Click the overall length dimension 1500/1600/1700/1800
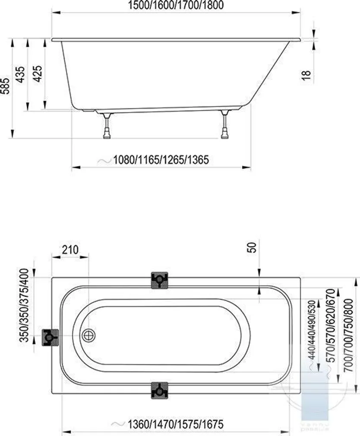(176, 5)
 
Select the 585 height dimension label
(5, 86)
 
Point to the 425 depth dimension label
(38, 74)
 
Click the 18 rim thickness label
(306, 76)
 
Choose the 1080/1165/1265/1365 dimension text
(161, 160)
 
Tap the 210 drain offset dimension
(70, 250)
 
